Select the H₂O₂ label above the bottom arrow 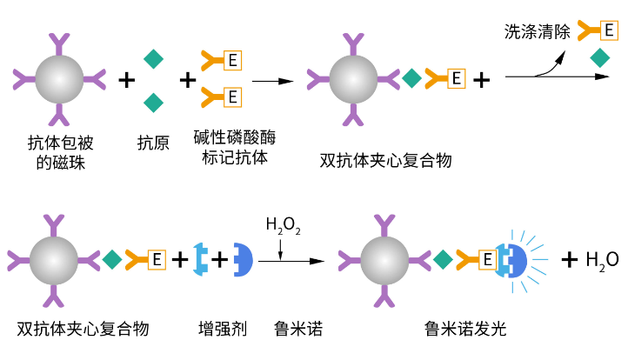(283, 227)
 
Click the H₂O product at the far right (602, 259)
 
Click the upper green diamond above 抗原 (153, 58)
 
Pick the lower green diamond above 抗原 (153, 101)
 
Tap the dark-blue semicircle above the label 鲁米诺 (241, 258)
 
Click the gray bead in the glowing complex (384, 259)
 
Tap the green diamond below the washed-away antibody (599, 59)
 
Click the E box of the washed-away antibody (609, 31)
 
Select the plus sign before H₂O (570, 259)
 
